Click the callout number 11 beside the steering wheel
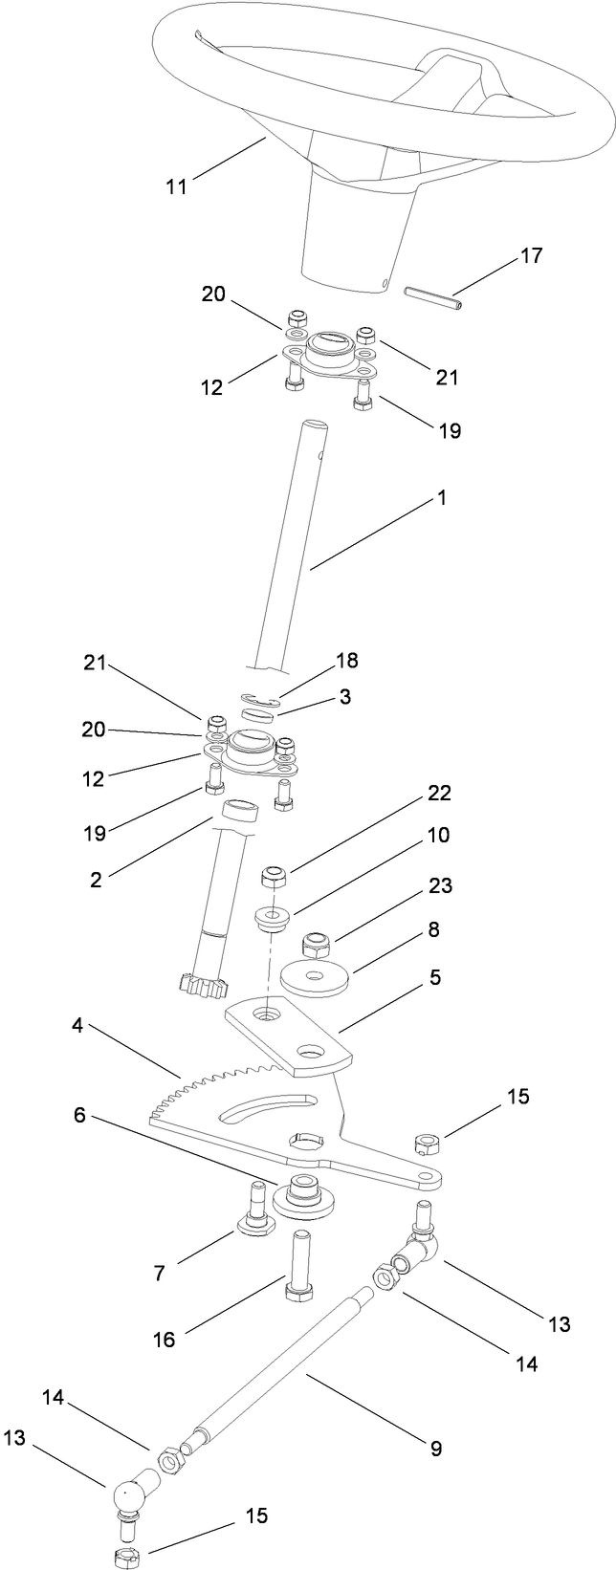click(176, 185)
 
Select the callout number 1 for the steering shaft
click(442, 498)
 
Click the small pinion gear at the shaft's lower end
click(203, 983)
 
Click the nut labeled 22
click(276, 877)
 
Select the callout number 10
click(438, 835)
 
